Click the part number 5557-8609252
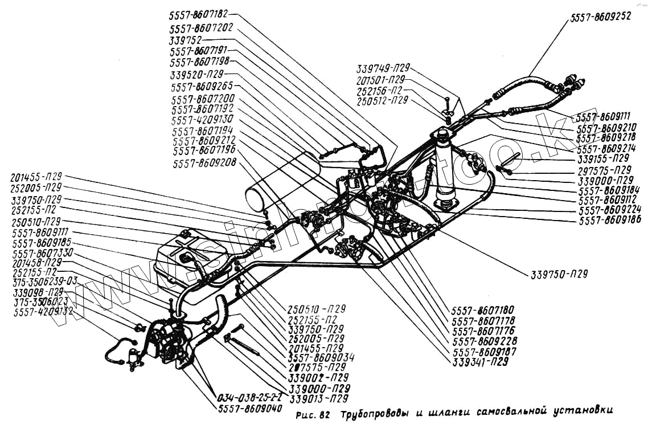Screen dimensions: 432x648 [x=599, y=17]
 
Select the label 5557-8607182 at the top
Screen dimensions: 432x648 [x=199, y=14]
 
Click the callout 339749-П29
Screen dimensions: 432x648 [x=383, y=67]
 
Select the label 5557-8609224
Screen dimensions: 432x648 [x=610, y=210]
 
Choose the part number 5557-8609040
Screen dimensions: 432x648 [x=249, y=409]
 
